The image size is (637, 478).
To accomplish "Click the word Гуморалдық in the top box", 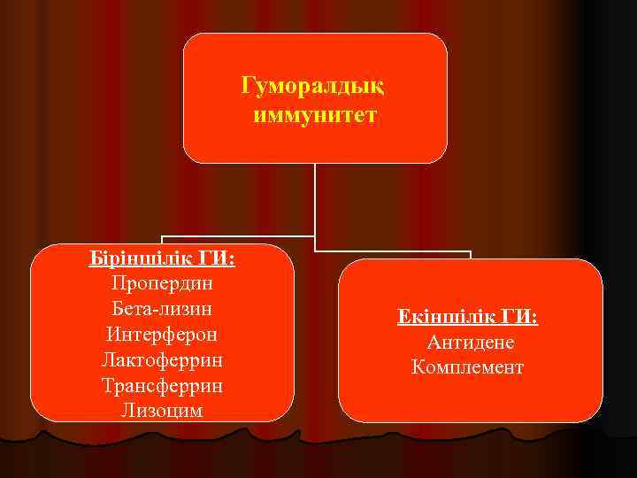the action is [x=315, y=88].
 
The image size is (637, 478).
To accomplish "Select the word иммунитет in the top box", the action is [x=315, y=115].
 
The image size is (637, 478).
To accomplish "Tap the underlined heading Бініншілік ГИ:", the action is [x=163, y=258].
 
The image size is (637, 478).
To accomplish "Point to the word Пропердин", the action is [x=163, y=284].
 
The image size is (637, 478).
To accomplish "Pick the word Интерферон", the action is [x=163, y=335].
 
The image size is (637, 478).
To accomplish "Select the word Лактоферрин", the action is [x=163, y=360].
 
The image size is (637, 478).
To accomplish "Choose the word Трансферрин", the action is [x=163, y=386].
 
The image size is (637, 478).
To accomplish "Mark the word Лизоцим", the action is [x=163, y=411].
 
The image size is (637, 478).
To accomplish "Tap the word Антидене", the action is [x=471, y=342].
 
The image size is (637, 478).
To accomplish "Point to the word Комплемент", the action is [x=468, y=366].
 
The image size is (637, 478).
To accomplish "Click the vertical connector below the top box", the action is [x=315, y=199].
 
